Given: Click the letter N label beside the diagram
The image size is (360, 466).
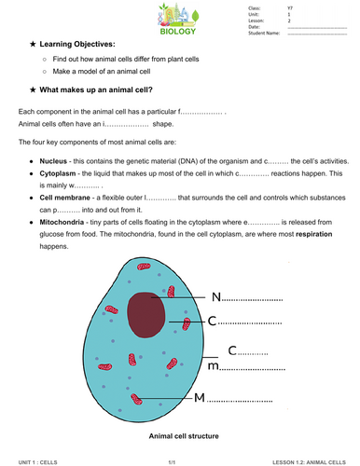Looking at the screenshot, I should click(x=216, y=297).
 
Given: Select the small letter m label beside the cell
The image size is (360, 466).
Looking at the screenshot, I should click(x=213, y=367).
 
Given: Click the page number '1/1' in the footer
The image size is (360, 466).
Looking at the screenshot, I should click(x=173, y=460).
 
